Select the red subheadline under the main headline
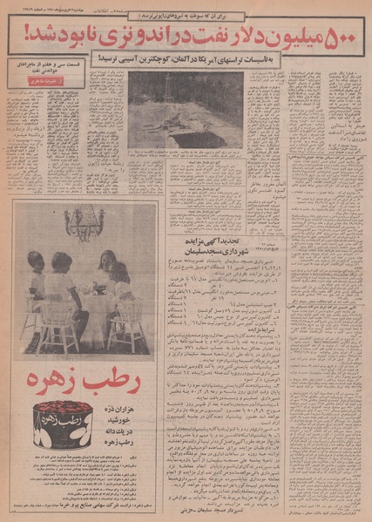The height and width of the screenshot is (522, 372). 186,58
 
